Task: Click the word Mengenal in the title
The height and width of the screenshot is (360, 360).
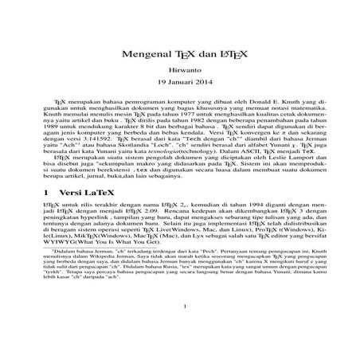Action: click(x=145, y=57)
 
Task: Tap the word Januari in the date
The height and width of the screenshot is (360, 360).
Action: click(x=180, y=84)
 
